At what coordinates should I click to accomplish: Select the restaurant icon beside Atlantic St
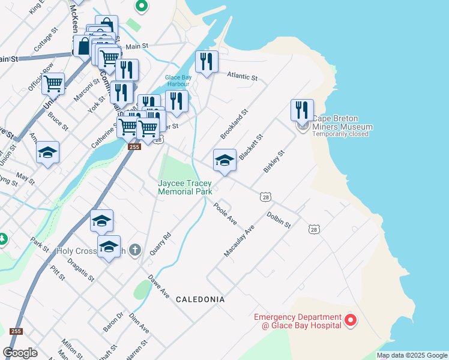(206, 62)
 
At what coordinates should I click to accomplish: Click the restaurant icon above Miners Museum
(302, 110)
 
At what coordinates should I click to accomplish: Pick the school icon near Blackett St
(224, 160)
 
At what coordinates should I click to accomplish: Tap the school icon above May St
(47, 152)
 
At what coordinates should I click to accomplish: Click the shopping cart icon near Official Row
(53, 83)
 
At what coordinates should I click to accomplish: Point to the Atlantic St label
(242, 77)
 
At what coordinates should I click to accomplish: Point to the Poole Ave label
(225, 214)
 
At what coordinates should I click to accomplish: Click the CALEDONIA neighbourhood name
(200, 299)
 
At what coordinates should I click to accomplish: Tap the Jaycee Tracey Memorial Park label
(185, 187)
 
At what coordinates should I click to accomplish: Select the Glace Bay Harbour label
(178, 80)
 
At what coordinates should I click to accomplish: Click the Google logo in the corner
(20, 353)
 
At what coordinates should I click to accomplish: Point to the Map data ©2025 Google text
(412, 355)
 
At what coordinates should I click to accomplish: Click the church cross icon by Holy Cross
(136, 250)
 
